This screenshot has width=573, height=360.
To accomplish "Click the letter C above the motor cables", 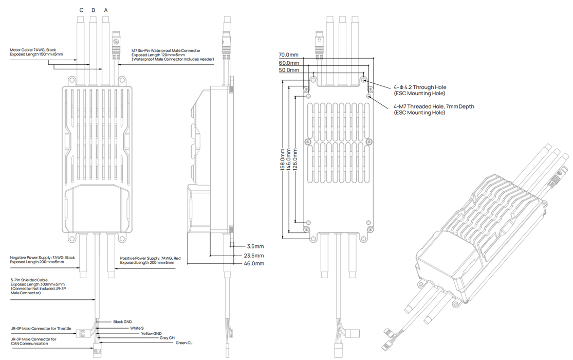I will point(81,10).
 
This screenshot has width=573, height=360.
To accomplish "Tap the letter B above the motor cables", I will point(93,10).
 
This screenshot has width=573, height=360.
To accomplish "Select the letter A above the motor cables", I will point(106,10).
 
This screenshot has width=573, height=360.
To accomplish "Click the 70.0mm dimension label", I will point(288,55).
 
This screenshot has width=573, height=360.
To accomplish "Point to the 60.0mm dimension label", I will point(288,62).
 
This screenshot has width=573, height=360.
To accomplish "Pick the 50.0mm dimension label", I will point(288,70).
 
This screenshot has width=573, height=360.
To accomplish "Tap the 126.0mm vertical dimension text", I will point(296,161).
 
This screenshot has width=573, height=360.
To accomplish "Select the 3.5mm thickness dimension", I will point(255,246).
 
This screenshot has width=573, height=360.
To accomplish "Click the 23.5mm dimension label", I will point(254,255).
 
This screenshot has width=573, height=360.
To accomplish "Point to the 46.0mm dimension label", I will point(254,263).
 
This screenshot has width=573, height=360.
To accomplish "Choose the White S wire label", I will point(136,328).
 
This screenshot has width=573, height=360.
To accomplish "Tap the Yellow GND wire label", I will point(151,333).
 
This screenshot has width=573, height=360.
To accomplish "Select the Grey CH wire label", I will point(167,338).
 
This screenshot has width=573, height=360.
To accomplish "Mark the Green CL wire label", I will point(184,343).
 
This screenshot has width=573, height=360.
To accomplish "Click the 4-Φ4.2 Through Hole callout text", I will point(420,91).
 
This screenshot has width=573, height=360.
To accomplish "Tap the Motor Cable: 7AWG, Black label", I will point(36,51).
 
